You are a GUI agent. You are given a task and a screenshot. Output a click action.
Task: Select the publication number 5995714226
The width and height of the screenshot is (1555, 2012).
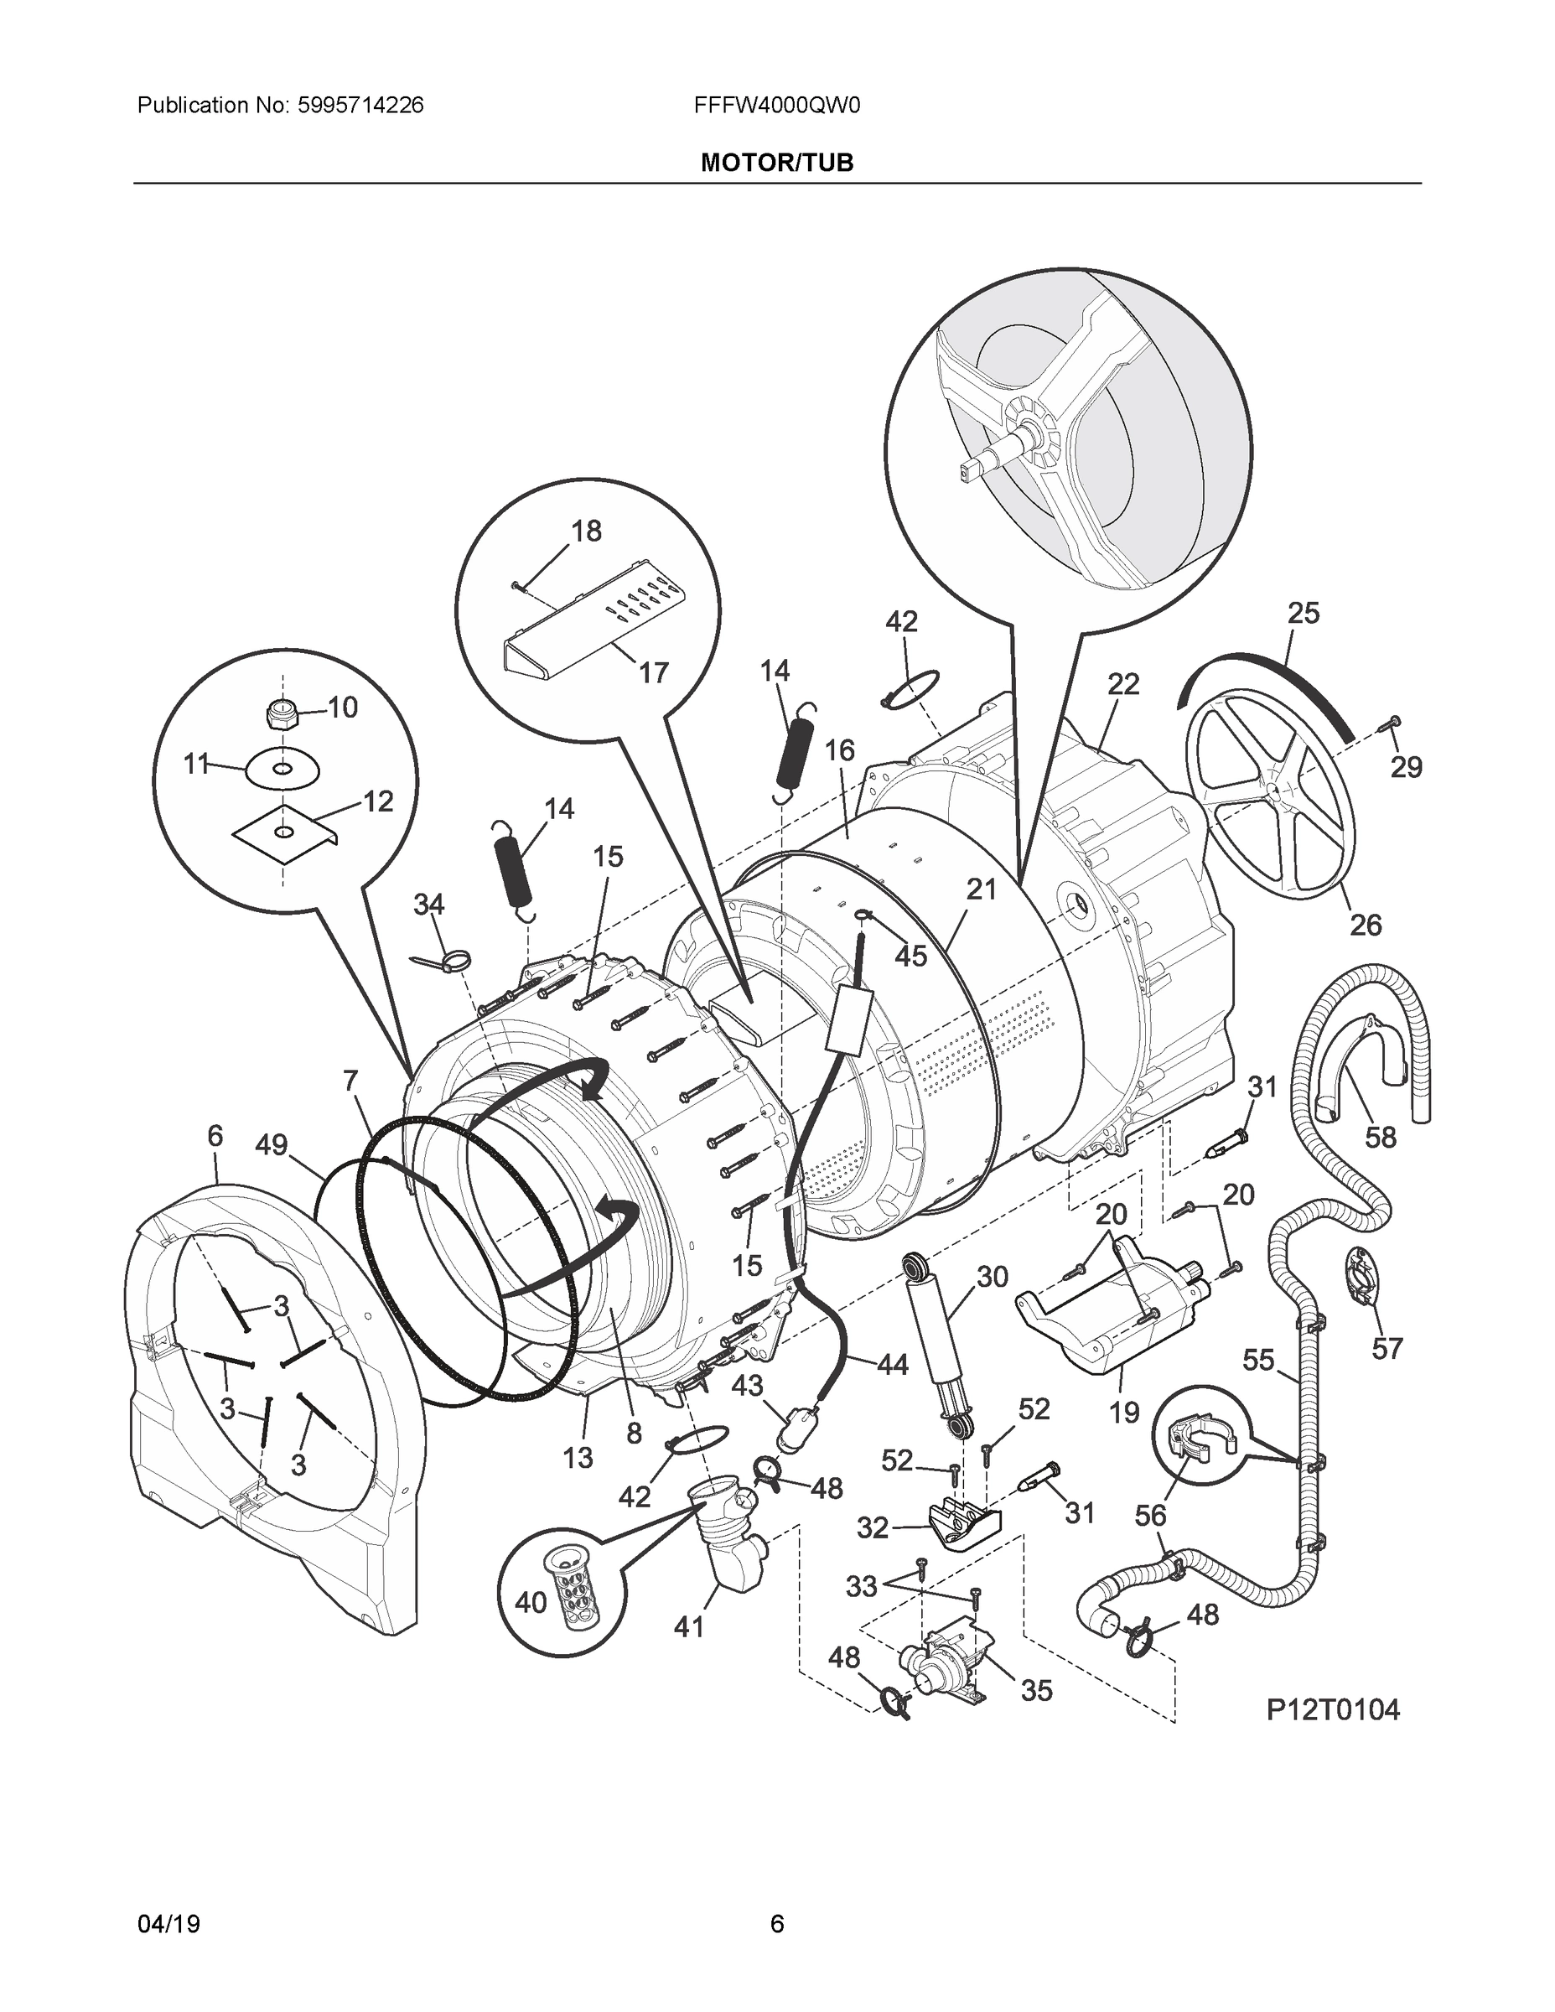point(360,105)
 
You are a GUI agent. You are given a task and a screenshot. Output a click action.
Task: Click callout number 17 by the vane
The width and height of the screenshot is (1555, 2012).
point(653,672)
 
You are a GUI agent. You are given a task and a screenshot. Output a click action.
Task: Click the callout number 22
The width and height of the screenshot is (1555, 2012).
point(1123,683)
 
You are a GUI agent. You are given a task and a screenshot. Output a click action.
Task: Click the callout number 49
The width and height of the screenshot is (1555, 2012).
point(272,1145)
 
